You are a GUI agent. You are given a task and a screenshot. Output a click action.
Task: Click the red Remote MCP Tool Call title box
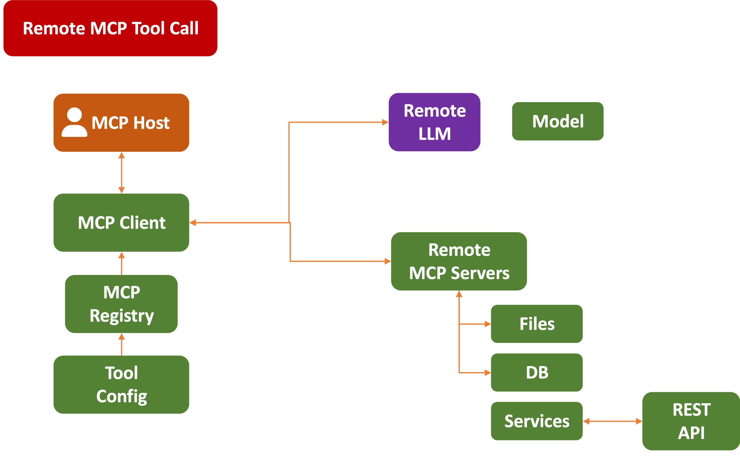coord(110,28)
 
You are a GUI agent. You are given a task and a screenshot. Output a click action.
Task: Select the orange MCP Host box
coord(121,122)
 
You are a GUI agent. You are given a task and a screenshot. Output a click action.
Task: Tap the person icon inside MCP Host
coord(74,122)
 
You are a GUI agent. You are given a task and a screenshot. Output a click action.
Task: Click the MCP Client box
coord(121,222)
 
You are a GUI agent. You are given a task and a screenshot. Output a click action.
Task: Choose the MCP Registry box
coord(121,304)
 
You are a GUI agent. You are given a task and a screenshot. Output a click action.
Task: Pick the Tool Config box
coord(121,384)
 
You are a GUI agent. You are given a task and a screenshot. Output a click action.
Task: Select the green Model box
coord(558,121)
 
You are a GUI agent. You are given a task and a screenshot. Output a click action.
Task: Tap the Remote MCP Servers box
coord(459,261)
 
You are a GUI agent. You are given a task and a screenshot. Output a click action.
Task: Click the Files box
coord(537,324)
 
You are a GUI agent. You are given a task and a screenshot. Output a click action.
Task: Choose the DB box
coord(537,372)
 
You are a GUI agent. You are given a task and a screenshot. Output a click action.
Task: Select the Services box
coord(537,421)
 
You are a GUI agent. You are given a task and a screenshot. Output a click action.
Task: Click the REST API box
coord(691,421)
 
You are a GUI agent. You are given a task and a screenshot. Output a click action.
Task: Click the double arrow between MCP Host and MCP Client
coord(122,173)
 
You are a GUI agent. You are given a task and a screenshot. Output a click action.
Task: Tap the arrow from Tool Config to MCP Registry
coord(122,344)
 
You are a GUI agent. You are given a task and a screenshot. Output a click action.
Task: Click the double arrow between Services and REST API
coord(612,421)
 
